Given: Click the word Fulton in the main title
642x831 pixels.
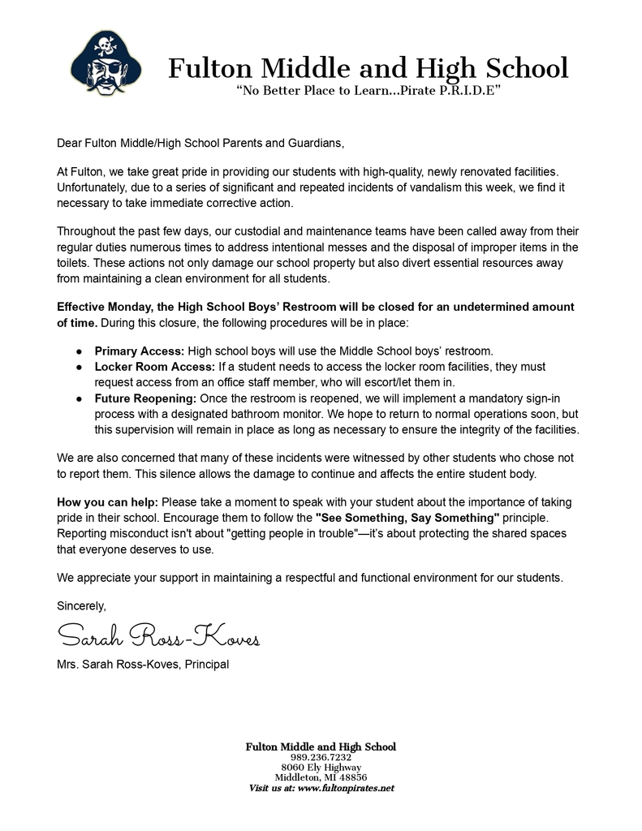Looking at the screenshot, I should click(x=208, y=68).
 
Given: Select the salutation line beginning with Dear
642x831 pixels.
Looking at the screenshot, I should click(x=200, y=144).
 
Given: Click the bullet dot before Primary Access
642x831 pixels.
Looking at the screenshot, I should click(x=79, y=351).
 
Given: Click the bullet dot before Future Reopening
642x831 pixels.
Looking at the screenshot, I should click(x=79, y=399).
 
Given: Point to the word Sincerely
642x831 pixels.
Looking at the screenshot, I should click(x=81, y=605).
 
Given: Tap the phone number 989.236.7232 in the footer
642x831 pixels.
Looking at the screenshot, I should click(x=321, y=757).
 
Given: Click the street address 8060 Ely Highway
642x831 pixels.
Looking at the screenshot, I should click(x=321, y=767).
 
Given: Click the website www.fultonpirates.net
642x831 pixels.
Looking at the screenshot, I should click(x=346, y=788).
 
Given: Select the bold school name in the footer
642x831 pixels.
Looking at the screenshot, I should click(x=321, y=746).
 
